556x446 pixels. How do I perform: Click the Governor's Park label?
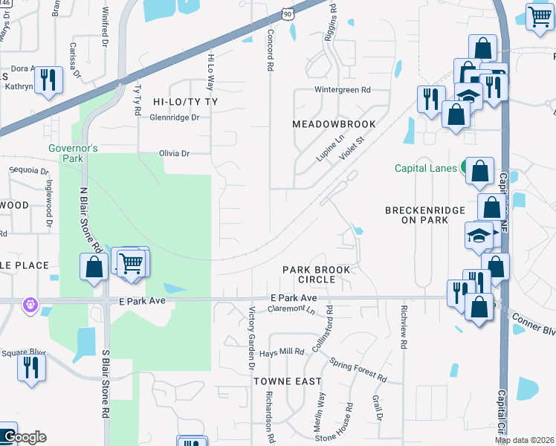[74, 153]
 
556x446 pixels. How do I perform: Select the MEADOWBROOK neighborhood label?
[334, 123]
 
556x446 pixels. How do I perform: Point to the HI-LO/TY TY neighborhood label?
[184, 100]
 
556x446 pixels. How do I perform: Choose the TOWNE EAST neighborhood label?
[288, 381]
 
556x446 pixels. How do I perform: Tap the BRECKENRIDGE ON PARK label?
[424, 216]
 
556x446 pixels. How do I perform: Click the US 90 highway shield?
[287, 14]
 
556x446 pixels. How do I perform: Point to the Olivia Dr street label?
[175, 153]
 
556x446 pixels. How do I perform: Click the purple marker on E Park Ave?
[29, 304]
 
